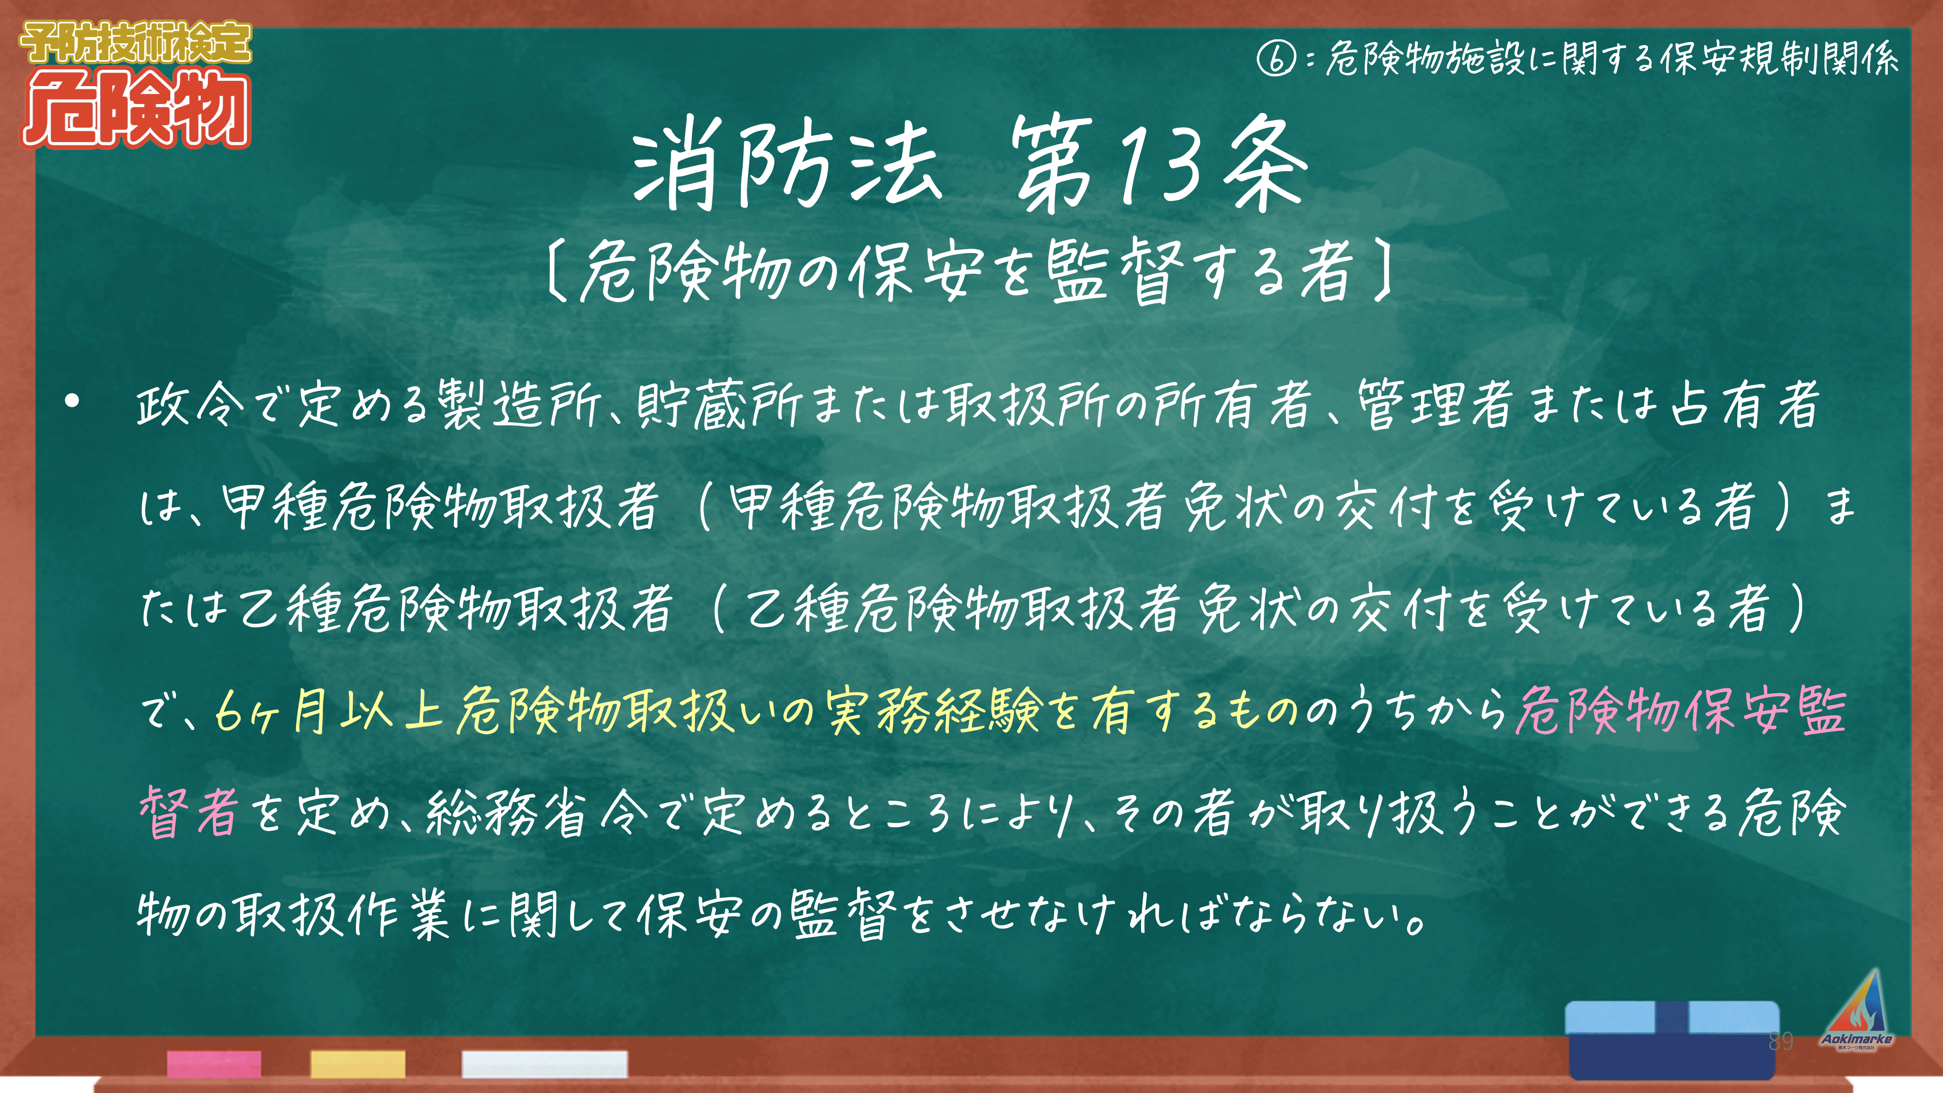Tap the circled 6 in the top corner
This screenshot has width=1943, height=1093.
1276,58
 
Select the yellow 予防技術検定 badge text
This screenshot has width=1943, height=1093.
136,42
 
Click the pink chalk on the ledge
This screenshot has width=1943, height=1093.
214,1063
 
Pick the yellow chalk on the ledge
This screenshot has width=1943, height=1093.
358,1063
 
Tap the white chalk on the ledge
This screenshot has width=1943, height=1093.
544,1063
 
